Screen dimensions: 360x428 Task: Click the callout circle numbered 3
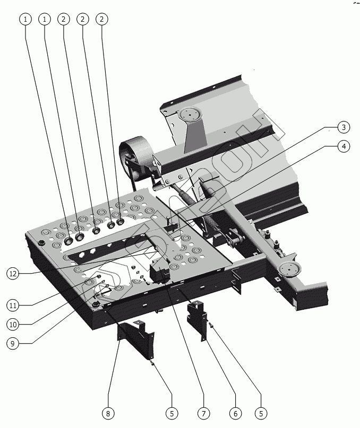pyautogui.click(x=344, y=127)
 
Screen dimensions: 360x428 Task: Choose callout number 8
pyautogui.click(x=108, y=413)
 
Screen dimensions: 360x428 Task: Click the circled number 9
pyautogui.click(x=15, y=343)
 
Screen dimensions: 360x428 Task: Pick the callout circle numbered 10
pyautogui.click(x=15, y=324)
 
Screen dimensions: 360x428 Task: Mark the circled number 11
pyautogui.click(x=15, y=305)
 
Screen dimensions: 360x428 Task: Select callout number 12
pyautogui.click(x=15, y=274)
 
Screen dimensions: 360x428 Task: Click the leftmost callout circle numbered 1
pyautogui.click(x=25, y=19)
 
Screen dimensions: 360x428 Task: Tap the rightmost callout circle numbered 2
pyautogui.click(x=102, y=19)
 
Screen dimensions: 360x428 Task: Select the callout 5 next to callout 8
pyautogui.click(x=171, y=413)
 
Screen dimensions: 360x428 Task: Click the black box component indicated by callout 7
pyautogui.click(x=159, y=273)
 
